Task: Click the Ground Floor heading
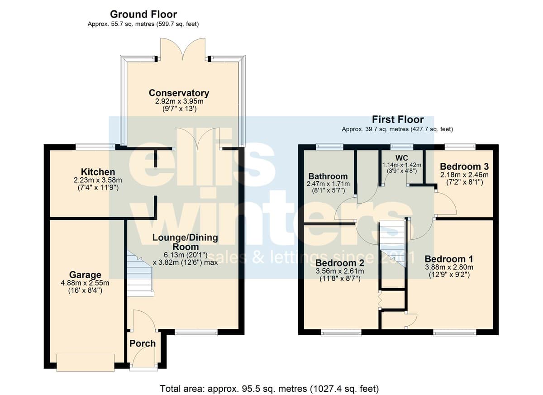[143, 14]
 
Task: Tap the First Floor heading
[398, 119]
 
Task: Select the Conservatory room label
[179, 93]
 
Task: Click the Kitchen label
[98, 172]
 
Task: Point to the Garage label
[85, 275]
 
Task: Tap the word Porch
[143, 343]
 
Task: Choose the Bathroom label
[328, 176]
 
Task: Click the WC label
[402, 158]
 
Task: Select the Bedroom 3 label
[464, 167]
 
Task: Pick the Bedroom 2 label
[340, 263]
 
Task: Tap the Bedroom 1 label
[449, 259]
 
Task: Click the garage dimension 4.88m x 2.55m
[85, 283]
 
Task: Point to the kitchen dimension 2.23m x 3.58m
[98, 180]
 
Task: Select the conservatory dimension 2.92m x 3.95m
[179, 101]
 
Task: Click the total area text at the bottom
[269, 389]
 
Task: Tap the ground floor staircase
[140, 274]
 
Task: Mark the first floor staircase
[393, 243]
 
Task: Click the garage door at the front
[86, 362]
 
